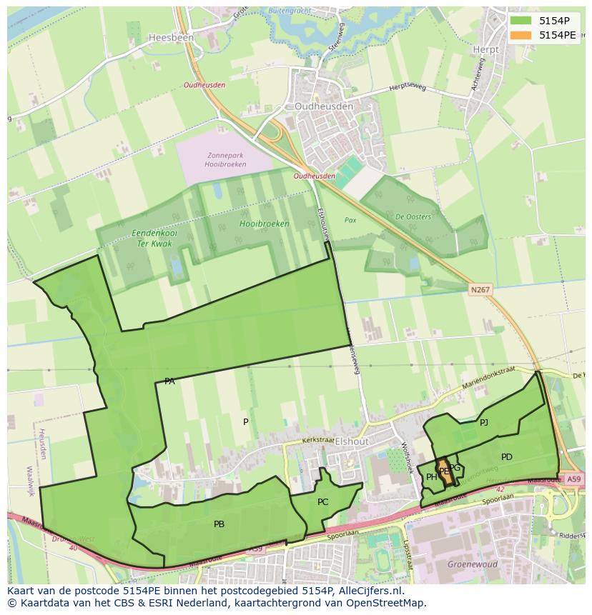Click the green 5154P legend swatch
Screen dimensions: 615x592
[520, 21]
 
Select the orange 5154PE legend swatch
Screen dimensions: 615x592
[520, 35]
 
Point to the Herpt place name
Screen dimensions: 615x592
[485, 49]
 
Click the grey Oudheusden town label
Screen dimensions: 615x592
[324, 106]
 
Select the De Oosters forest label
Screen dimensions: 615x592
[414, 217]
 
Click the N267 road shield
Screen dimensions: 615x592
[480, 289]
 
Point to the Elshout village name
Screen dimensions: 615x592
[351, 441]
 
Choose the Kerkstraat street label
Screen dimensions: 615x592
[318, 441]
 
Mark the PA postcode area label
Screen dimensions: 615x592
[169, 381]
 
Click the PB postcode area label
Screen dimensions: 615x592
[219, 524]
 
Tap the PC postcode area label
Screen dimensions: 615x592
[322, 502]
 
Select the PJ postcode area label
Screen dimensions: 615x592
[484, 423]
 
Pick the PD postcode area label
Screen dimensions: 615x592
[506, 457]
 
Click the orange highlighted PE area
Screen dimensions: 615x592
[444, 472]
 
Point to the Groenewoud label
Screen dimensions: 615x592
[468, 564]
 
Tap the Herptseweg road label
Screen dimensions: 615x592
[407, 88]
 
